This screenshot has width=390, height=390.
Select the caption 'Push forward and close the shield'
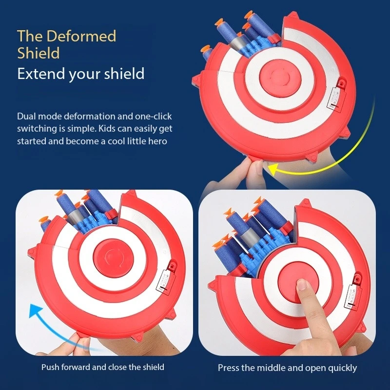[102, 367]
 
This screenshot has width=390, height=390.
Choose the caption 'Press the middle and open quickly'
[287, 368]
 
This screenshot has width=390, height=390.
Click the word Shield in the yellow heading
[38, 53]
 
